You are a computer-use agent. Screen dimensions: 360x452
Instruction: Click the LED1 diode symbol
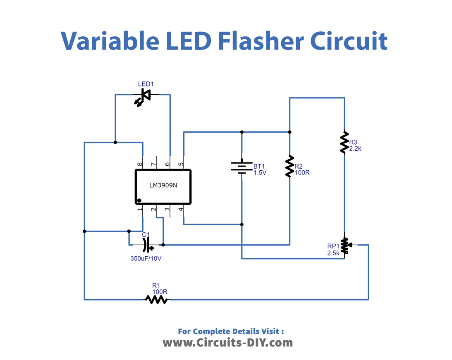[x=143, y=96]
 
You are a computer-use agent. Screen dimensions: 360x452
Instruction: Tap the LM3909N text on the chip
[x=163, y=185]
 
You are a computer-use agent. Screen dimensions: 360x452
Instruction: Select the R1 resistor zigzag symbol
[x=156, y=300]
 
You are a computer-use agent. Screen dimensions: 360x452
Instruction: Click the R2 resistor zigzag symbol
[x=290, y=166]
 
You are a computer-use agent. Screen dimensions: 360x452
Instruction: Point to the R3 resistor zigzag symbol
[x=344, y=142]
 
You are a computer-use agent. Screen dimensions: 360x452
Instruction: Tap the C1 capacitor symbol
[x=147, y=245]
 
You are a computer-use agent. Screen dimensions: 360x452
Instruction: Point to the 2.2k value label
[x=355, y=149]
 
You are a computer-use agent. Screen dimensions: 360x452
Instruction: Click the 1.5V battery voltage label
[x=260, y=172]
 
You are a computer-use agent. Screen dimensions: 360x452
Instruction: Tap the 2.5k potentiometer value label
[x=333, y=253]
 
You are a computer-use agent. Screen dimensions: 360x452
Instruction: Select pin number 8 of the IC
[x=140, y=164]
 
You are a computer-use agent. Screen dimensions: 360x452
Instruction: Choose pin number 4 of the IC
[x=181, y=210]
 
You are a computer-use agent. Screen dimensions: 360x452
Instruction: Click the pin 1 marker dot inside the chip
[x=139, y=200]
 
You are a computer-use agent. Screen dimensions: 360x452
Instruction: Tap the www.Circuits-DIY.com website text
[x=227, y=343]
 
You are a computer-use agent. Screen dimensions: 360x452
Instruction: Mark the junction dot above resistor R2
[x=290, y=132]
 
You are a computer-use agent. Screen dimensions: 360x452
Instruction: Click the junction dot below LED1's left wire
[x=115, y=142]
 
